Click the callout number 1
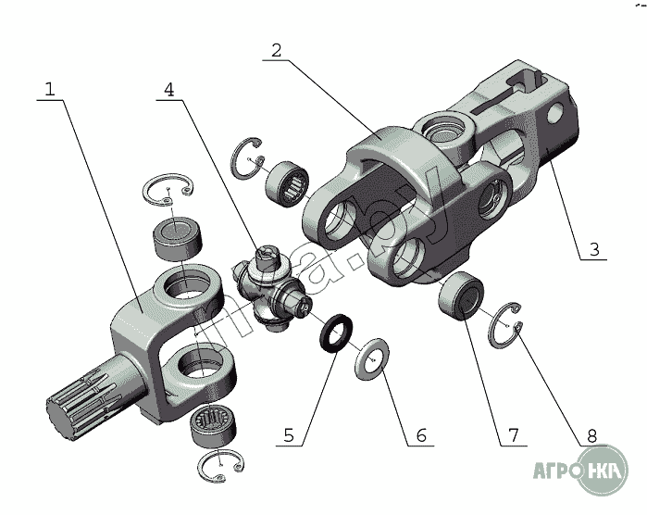[x=50, y=89]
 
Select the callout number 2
[x=275, y=49]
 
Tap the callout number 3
[x=593, y=249]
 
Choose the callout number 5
[x=288, y=433]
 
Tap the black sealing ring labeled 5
[x=337, y=331]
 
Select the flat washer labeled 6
[x=373, y=358]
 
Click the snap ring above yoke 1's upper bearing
[x=168, y=191]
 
